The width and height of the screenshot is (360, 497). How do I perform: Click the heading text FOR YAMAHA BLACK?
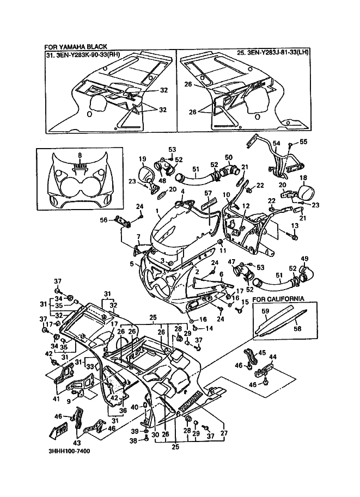tap(76, 47)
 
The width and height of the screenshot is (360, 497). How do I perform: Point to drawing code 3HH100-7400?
tap(69, 451)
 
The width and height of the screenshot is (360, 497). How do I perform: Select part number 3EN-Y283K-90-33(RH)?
tap(87, 54)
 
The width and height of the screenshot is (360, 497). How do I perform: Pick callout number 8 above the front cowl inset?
tap(80, 155)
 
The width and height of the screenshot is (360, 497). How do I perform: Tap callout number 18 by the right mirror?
tap(303, 178)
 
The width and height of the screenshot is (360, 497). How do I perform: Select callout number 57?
tap(208, 193)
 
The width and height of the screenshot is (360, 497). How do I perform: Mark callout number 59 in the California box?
tap(265, 311)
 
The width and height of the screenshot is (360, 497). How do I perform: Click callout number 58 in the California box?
tap(297, 329)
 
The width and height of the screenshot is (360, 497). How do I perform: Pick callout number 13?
tap(295, 225)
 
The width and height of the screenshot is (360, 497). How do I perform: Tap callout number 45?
tap(261, 352)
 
